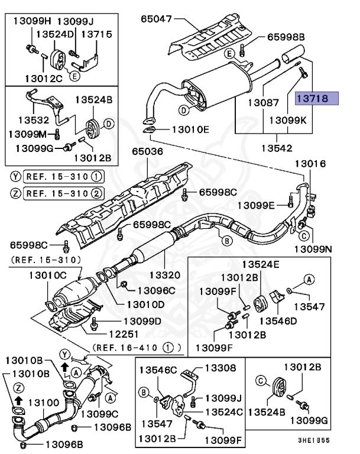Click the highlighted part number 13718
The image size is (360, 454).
[x=317, y=99]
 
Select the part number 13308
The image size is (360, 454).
[x=220, y=368]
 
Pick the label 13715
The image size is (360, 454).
[x=96, y=34]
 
